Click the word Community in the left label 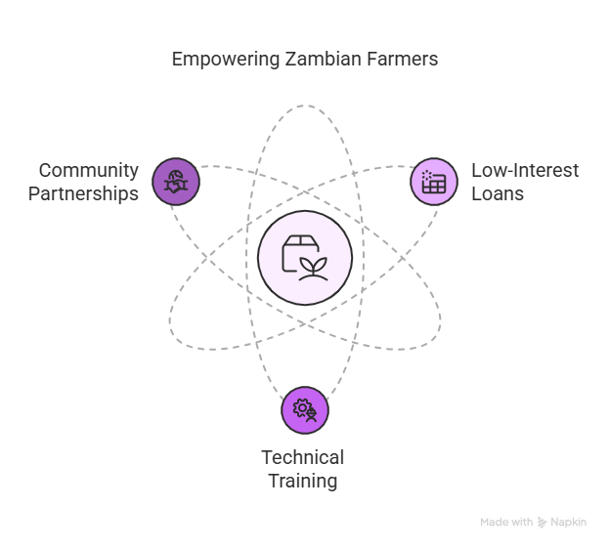[88, 171]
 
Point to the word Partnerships [83, 193]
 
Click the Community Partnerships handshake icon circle [176, 182]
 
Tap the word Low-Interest [525, 171]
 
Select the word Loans [498, 193]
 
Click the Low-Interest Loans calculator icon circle [433, 182]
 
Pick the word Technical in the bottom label [303, 457]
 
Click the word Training [303, 481]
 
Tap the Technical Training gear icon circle [305, 409]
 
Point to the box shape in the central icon [295, 252]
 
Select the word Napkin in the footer [568, 523]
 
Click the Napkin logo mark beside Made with [543, 523]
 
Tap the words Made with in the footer [506, 523]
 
